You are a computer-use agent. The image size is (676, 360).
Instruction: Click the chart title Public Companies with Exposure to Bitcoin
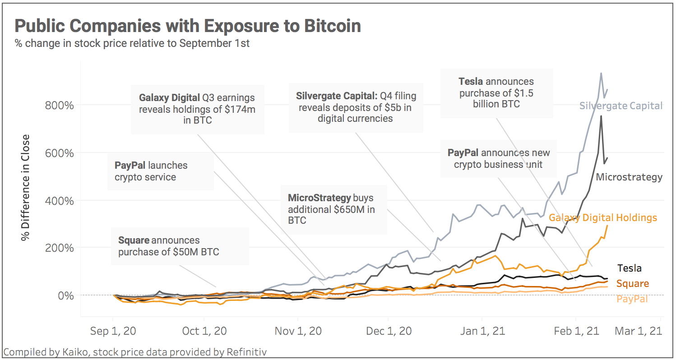(188, 26)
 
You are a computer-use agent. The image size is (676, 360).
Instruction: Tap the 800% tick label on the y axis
(60, 105)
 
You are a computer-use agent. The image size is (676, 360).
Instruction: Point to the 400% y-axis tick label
(60, 200)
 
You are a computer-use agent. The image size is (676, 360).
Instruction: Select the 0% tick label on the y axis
(65, 295)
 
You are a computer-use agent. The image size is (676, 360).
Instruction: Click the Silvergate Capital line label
(621, 106)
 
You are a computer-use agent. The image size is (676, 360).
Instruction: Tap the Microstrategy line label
(629, 177)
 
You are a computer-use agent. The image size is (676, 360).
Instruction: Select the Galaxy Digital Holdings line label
(603, 218)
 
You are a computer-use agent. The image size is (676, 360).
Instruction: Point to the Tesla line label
(630, 268)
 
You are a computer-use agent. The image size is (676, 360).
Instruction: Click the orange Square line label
(632, 283)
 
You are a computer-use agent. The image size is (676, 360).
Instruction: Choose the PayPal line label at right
(632, 299)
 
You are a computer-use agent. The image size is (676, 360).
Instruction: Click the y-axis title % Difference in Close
(26, 187)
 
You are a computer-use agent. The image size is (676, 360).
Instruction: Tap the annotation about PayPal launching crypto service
(151, 171)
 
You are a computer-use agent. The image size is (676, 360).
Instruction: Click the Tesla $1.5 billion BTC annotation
(496, 92)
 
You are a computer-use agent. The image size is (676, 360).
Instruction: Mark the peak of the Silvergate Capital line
(601, 73)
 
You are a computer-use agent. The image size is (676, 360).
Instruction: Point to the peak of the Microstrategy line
(601, 116)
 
